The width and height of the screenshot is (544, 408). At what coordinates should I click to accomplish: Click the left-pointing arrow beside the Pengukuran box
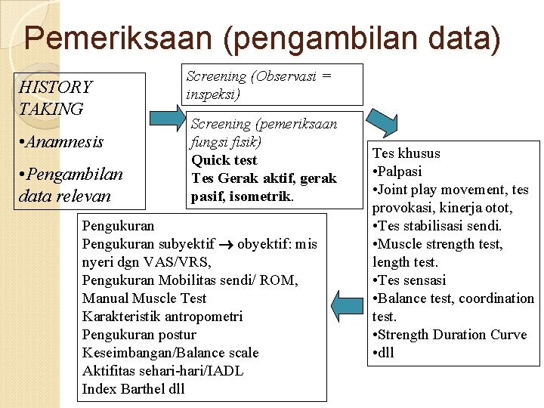[x=347, y=307]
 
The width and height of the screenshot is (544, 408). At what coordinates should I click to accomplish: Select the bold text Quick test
[x=224, y=160]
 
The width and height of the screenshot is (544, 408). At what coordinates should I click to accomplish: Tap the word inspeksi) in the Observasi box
[x=213, y=94]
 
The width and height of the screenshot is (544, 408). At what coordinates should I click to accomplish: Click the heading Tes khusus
[x=406, y=153]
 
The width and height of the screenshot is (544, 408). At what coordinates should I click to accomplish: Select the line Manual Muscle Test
[x=144, y=298]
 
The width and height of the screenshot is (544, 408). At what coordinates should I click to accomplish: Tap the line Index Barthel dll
[x=133, y=389]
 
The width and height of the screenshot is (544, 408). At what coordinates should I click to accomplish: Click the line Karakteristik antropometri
[x=162, y=317]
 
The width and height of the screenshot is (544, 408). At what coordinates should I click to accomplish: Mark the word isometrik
[x=264, y=196]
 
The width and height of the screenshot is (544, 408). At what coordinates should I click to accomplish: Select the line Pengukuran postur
[x=138, y=335]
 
